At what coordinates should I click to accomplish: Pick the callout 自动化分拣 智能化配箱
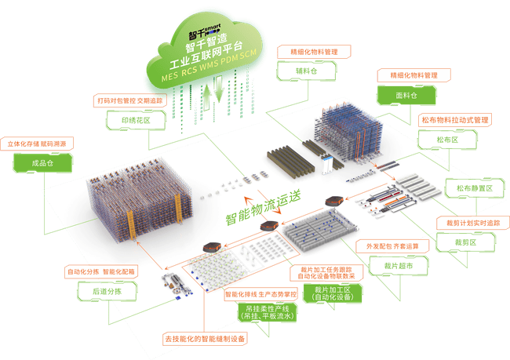(101, 272)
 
